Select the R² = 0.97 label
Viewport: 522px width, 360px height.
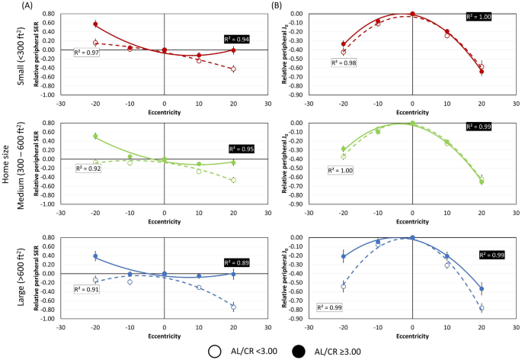(87, 52)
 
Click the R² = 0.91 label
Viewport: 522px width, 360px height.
(87, 289)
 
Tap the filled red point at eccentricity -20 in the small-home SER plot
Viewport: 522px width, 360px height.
(95, 24)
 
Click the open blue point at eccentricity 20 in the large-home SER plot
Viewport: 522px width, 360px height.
(233, 307)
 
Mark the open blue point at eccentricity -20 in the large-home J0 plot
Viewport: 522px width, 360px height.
(344, 287)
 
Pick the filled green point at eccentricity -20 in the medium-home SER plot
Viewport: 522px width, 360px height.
(95, 137)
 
